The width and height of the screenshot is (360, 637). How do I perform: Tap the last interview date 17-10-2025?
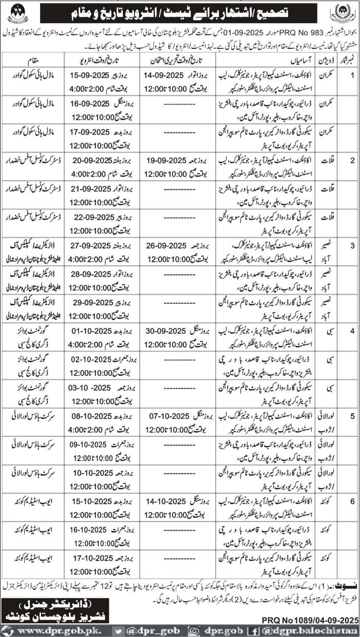90,561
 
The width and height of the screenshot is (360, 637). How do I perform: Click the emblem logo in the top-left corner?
18,13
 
